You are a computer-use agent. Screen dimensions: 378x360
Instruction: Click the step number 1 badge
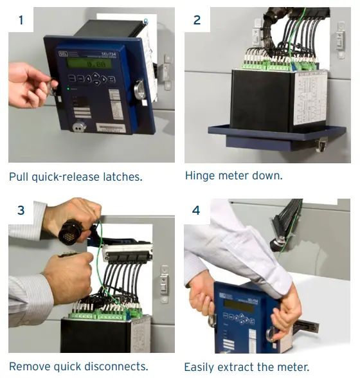click(x=21, y=20)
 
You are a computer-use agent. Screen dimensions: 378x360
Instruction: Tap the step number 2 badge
click(x=197, y=20)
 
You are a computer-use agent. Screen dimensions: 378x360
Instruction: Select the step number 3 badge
click(x=21, y=210)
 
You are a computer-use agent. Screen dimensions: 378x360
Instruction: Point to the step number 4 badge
click(x=197, y=210)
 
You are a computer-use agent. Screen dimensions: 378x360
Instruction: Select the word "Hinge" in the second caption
click(x=200, y=175)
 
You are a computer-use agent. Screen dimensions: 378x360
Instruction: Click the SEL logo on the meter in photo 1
click(x=62, y=53)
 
